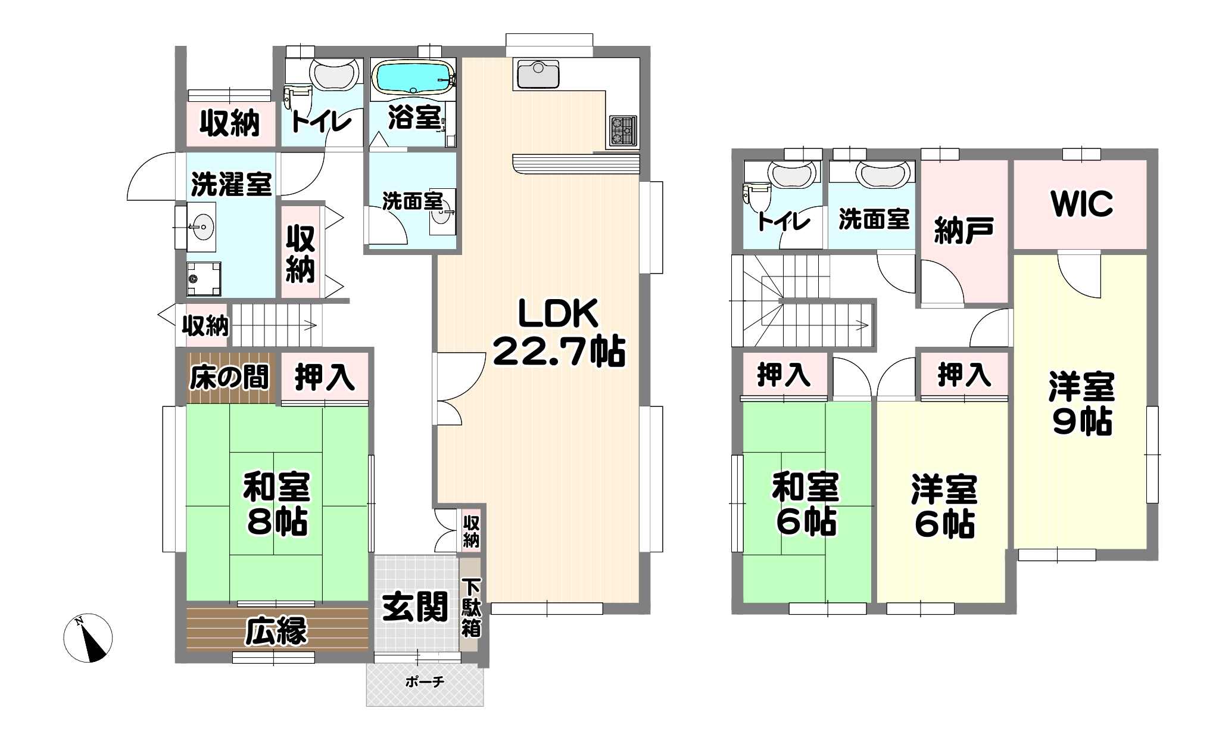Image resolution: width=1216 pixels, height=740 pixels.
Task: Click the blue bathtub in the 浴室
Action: (413, 77)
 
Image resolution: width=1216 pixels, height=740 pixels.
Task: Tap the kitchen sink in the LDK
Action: (538, 74)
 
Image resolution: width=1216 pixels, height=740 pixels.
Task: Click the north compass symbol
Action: (88, 638)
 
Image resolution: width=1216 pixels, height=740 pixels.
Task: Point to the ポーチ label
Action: (425, 681)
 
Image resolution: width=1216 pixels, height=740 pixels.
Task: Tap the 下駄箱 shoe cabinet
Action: (470, 606)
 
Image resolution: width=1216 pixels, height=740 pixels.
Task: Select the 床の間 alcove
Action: (229, 377)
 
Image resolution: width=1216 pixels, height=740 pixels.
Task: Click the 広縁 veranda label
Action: (276, 631)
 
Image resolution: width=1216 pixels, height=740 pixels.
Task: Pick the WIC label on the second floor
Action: (1082, 204)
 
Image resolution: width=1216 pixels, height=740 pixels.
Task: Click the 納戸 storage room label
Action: (964, 230)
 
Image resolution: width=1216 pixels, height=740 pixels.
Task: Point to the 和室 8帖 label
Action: (277, 504)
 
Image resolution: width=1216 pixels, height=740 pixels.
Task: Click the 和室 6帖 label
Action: (806, 504)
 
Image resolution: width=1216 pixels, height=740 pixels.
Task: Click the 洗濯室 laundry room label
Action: (232, 184)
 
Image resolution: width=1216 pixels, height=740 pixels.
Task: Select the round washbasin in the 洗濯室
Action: (202, 227)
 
